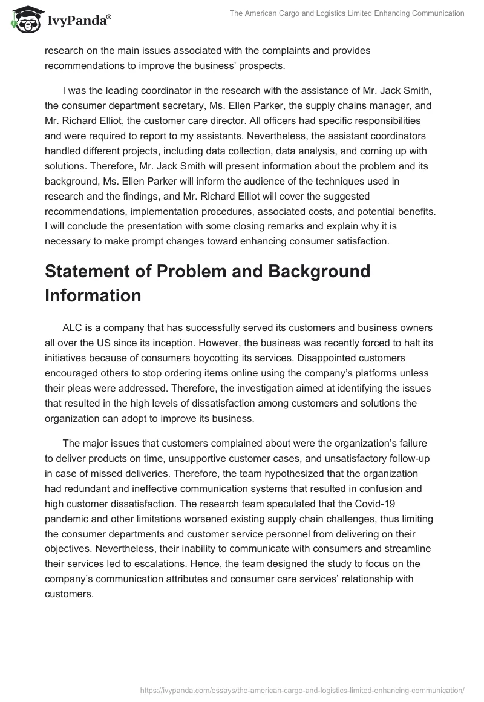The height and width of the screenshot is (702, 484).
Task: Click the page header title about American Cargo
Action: coord(347,13)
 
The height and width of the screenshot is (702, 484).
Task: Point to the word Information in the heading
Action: coord(93,295)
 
